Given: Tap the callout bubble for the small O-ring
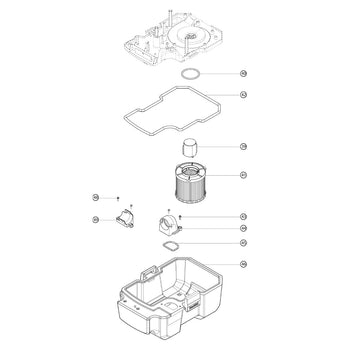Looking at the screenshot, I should pyautogui.click(x=244, y=74).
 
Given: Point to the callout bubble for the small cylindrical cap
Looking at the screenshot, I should pyautogui.click(x=244, y=146).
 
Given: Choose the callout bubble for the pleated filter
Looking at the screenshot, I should pyautogui.click(x=244, y=175).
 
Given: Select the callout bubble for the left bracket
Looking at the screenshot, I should pyautogui.click(x=95, y=219).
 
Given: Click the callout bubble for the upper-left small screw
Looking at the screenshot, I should pyautogui.click(x=95, y=198).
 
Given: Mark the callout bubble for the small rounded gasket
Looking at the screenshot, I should pyautogui.click(x=244, y=243).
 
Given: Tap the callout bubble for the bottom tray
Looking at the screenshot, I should pyautogui.click(x=244, y=264).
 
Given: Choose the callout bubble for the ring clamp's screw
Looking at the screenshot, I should pyautogui.click(x=244, y=216).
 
